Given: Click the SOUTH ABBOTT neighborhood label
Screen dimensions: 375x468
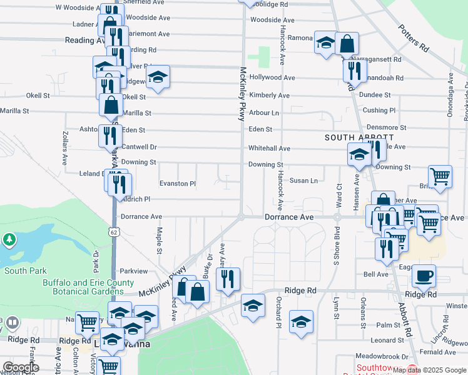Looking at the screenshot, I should point(359,137).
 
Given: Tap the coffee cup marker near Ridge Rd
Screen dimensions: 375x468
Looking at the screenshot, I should point(424,276).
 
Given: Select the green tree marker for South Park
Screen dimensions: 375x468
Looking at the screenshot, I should point(9,239).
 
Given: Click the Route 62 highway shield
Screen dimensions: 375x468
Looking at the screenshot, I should point(113,231).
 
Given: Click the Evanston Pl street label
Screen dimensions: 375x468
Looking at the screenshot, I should point(178,184).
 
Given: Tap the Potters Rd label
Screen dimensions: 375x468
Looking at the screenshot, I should point(415,38).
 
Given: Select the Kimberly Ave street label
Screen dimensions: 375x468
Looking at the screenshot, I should point(269,96).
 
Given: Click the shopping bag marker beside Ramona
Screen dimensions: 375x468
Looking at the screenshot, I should point(347,44).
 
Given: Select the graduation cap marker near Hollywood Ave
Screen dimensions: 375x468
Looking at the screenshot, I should point(158,77).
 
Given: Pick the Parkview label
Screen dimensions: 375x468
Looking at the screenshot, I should point(133,271).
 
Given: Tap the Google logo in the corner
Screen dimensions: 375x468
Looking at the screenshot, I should point(21,367).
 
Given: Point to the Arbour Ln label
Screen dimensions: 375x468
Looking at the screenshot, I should point(263,113).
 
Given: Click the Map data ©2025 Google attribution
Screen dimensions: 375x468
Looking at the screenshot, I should point(429,370).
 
